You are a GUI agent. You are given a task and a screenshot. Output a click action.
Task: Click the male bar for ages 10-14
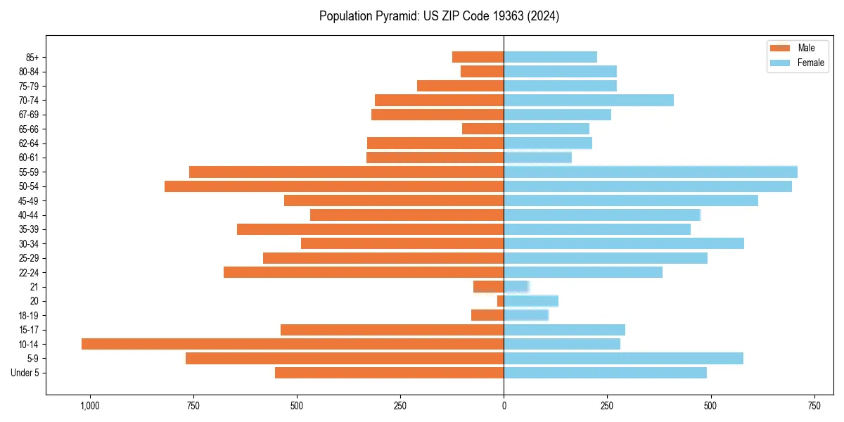coord(293,344)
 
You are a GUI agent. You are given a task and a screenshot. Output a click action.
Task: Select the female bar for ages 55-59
coord(651,172)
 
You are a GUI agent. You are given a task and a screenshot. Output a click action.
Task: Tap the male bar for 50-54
coord(334,186)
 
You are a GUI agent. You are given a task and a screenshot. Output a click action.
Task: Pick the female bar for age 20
coord(531,301)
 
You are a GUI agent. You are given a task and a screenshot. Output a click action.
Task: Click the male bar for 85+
coord(478,57)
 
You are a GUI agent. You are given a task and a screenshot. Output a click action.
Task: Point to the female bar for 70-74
coord(589,100)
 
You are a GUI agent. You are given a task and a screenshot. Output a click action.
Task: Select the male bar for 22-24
coord(364,272)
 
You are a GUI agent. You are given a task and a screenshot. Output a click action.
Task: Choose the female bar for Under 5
coord(605,373)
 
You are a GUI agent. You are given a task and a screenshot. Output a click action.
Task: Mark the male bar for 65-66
coord(483,129)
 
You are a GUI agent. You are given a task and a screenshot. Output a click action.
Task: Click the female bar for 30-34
coord(624,243)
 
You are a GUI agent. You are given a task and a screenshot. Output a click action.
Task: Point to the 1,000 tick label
coord(89,407)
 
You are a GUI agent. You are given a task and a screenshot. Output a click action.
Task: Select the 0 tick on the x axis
coord(504,407)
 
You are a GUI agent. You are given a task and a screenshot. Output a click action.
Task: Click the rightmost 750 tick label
coord(814,407)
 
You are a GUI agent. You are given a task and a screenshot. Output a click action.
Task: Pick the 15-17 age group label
coord(29,330)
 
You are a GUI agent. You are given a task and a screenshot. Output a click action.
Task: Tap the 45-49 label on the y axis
coord(29,200)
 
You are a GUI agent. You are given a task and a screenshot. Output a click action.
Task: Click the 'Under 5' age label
coord(25,373)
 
